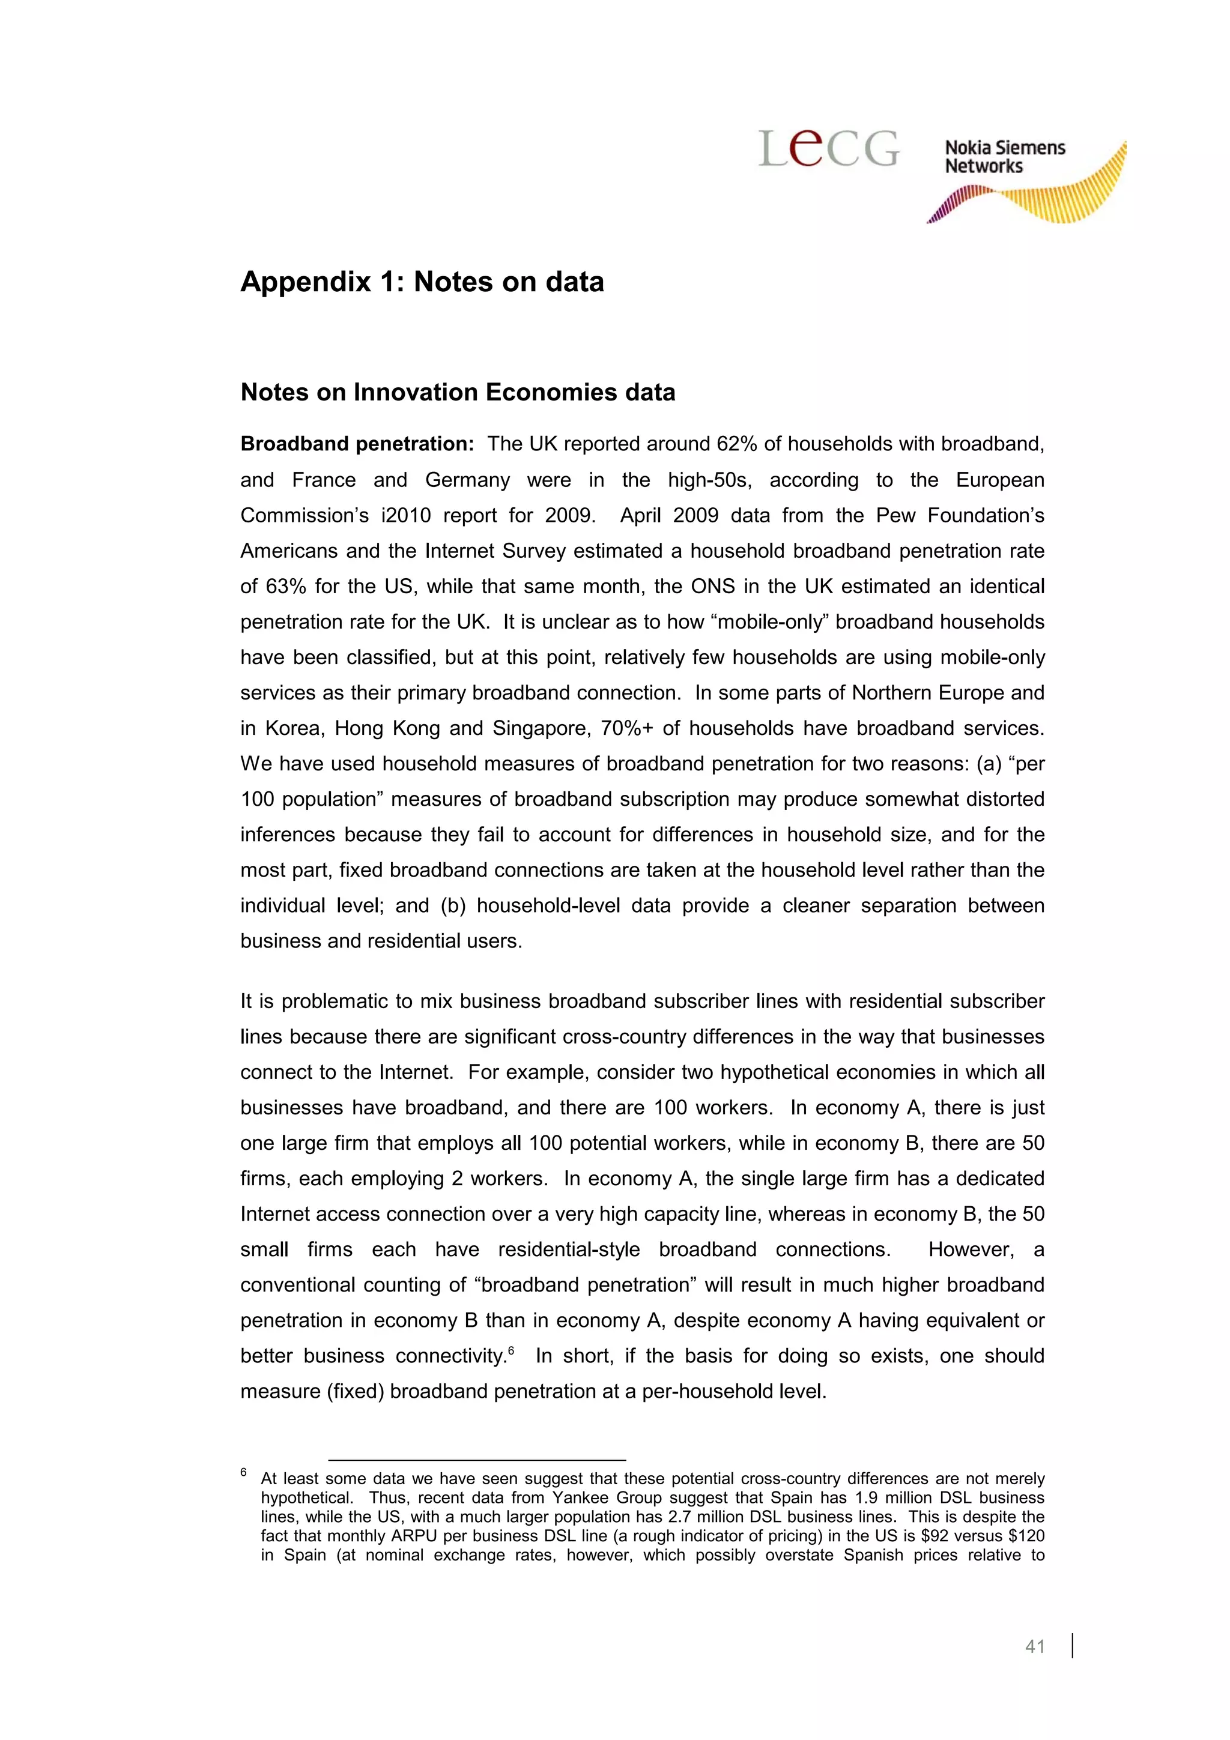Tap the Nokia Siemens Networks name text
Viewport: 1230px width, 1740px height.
[1004, 157]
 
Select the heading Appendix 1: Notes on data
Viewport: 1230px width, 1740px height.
[422, 282]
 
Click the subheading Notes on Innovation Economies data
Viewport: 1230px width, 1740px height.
[457, 393]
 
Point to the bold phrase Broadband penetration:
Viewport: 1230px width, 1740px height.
[357, 444]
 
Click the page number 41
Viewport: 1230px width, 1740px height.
[1034, 1645]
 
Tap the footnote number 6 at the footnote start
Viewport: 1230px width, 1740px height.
[244, 1472]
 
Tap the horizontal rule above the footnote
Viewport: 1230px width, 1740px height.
[477, 1460]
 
